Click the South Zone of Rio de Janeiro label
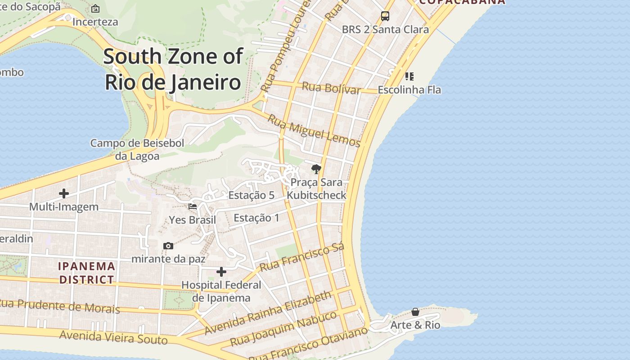pyautogui.click(x=173, y=69)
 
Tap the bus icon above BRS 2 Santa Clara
pyautogui.click(x=385, y=16)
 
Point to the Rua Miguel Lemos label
pyautogui.click(x=314, y=130)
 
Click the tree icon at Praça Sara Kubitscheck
pyautogui.click(x=316, y=169)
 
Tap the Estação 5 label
pyautogui.click(x=251, y=195)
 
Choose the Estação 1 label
pyautogui.click(x=256, y=218)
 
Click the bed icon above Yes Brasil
pyautogui.click(x=193, y=207)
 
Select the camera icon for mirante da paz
pyautogui.click(x=168, y=246)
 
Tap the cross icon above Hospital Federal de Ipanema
pyautogui.click(x=221, y=272)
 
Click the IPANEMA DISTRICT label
pyautogui.click(x=87, y=273)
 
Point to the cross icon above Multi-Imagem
pyautogui.click(x=64, y=193)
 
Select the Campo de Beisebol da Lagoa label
pyautogui.click(x=137, y=149)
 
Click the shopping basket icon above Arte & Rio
pyautogui.click(x=415, y=312)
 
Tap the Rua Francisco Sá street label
pyautogui.click(x=302, y=257)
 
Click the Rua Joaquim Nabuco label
pyautogui.click(x=283, y=328)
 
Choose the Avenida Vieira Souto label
pyautogui.click(x=113, y=337)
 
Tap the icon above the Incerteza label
pyautogui.click(x=95, y=9)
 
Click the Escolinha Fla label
pyautogui.click(x=409, y=90)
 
